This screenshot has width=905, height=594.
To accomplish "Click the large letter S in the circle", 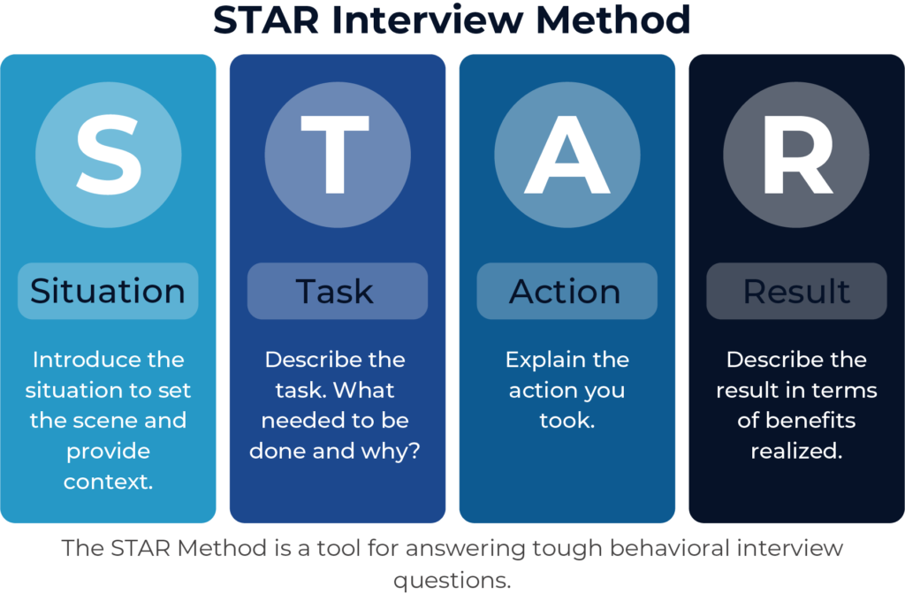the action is [109, 155].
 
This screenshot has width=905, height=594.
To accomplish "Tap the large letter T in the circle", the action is [335, 155].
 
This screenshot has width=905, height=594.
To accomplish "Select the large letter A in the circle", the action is [567, 155].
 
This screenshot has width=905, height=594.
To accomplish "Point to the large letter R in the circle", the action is [798, 155].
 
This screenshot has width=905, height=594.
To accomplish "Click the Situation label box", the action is [108, 291].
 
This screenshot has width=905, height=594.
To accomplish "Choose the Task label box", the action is [338, 291].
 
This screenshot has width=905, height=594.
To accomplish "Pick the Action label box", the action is [567, 291].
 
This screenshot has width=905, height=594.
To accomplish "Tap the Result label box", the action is [796, 291].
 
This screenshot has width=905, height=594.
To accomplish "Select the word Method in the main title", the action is [613, 19].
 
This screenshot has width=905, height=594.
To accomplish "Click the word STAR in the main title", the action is [267, 20].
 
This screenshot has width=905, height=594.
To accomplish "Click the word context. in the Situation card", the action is [108, 482].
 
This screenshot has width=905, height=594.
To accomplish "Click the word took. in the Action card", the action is [567, 420].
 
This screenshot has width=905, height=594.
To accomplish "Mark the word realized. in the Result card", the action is [796, 451].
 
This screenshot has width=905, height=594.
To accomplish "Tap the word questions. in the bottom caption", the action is [452, 580].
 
